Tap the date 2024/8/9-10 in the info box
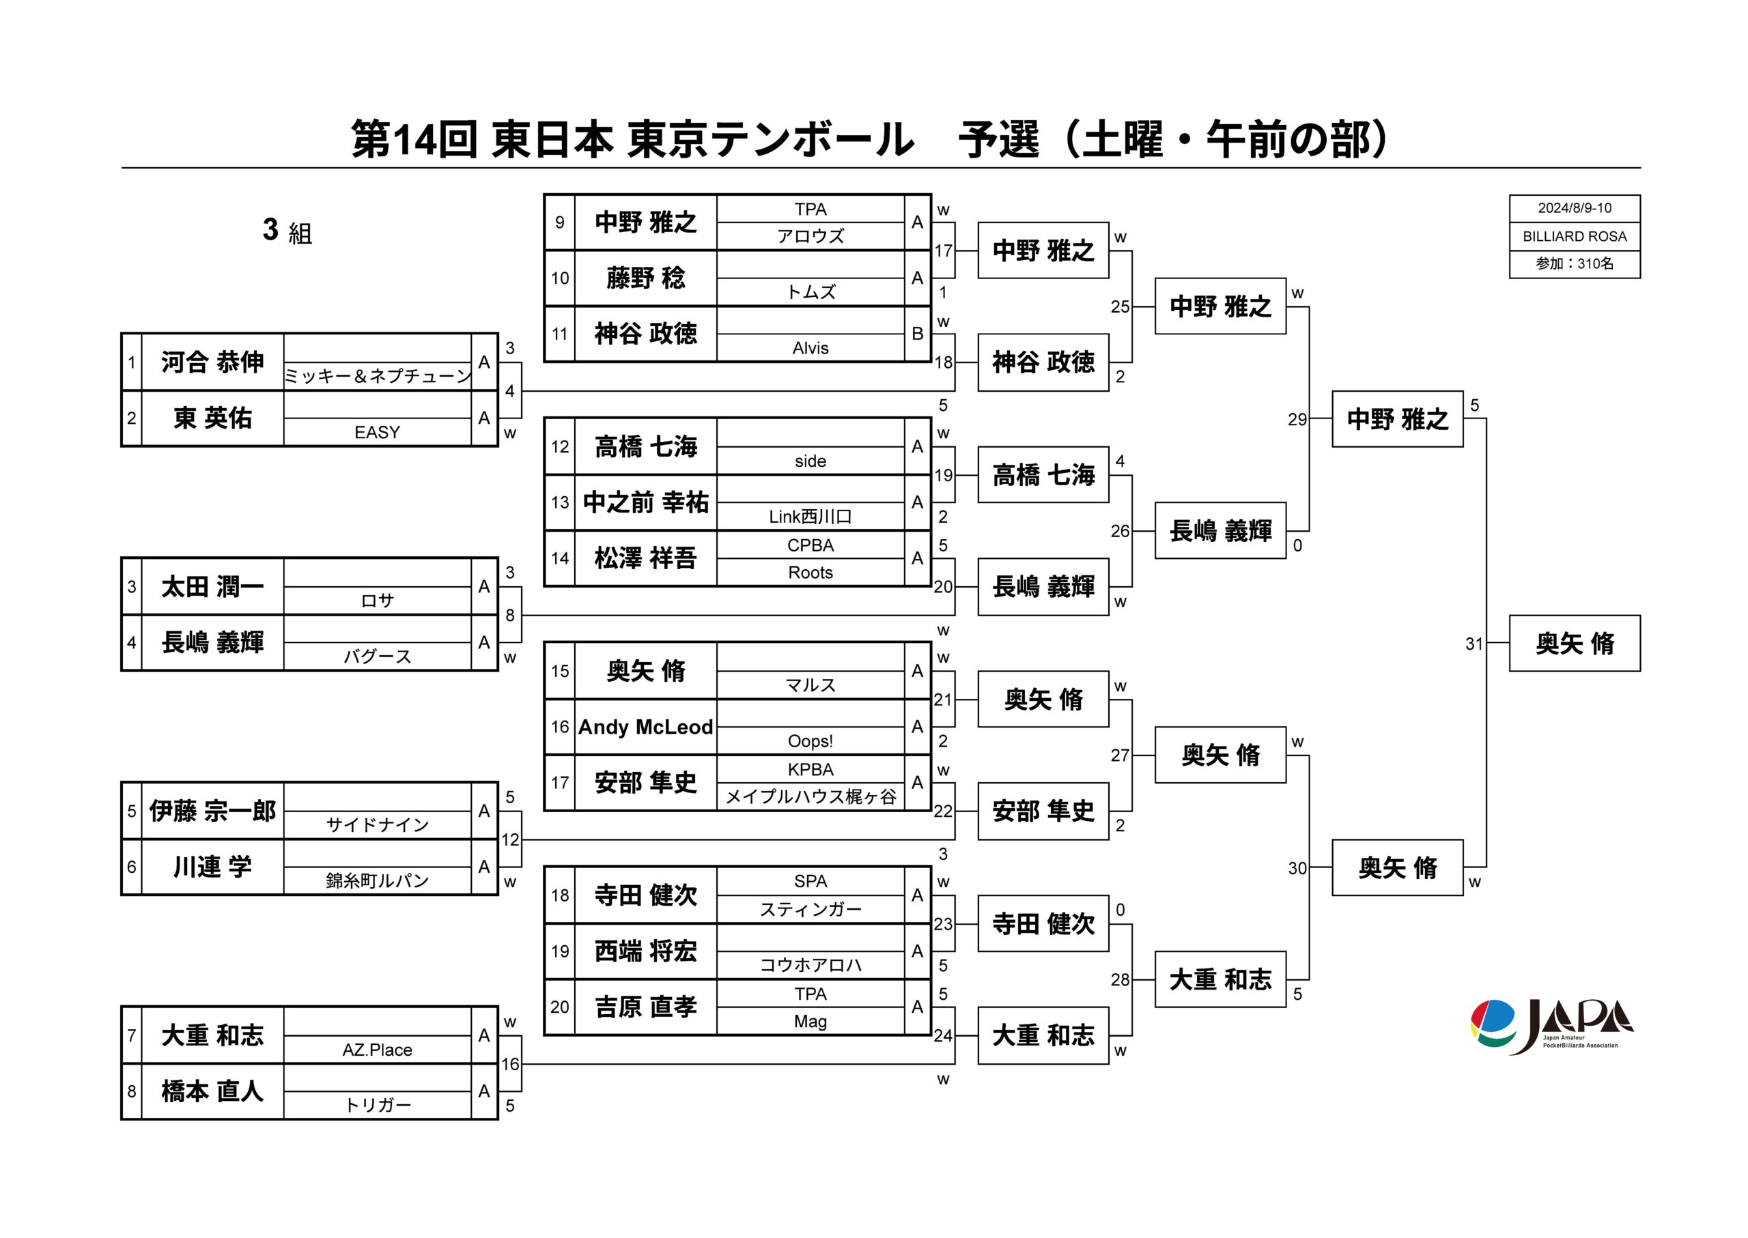point(1574,208)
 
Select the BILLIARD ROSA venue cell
point(1574,236)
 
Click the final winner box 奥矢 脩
point(1574,644)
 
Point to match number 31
point(1474,644)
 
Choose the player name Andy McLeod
point(645,728)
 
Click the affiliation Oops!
point(810,741)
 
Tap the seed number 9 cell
point(560,222)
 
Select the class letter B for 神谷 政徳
point(917,334)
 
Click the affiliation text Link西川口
point(810,517)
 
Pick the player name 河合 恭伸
point(212,362)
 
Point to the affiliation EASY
point(377,432)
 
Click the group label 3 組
point(287,230)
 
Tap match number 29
point(1297,419)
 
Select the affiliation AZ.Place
point(377,1050)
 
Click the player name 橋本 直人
point(212,1092)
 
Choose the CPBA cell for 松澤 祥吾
point(810,545)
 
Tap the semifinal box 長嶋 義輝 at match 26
point(1220,530)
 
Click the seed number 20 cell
point(560,1007)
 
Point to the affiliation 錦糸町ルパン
point(377,880)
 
